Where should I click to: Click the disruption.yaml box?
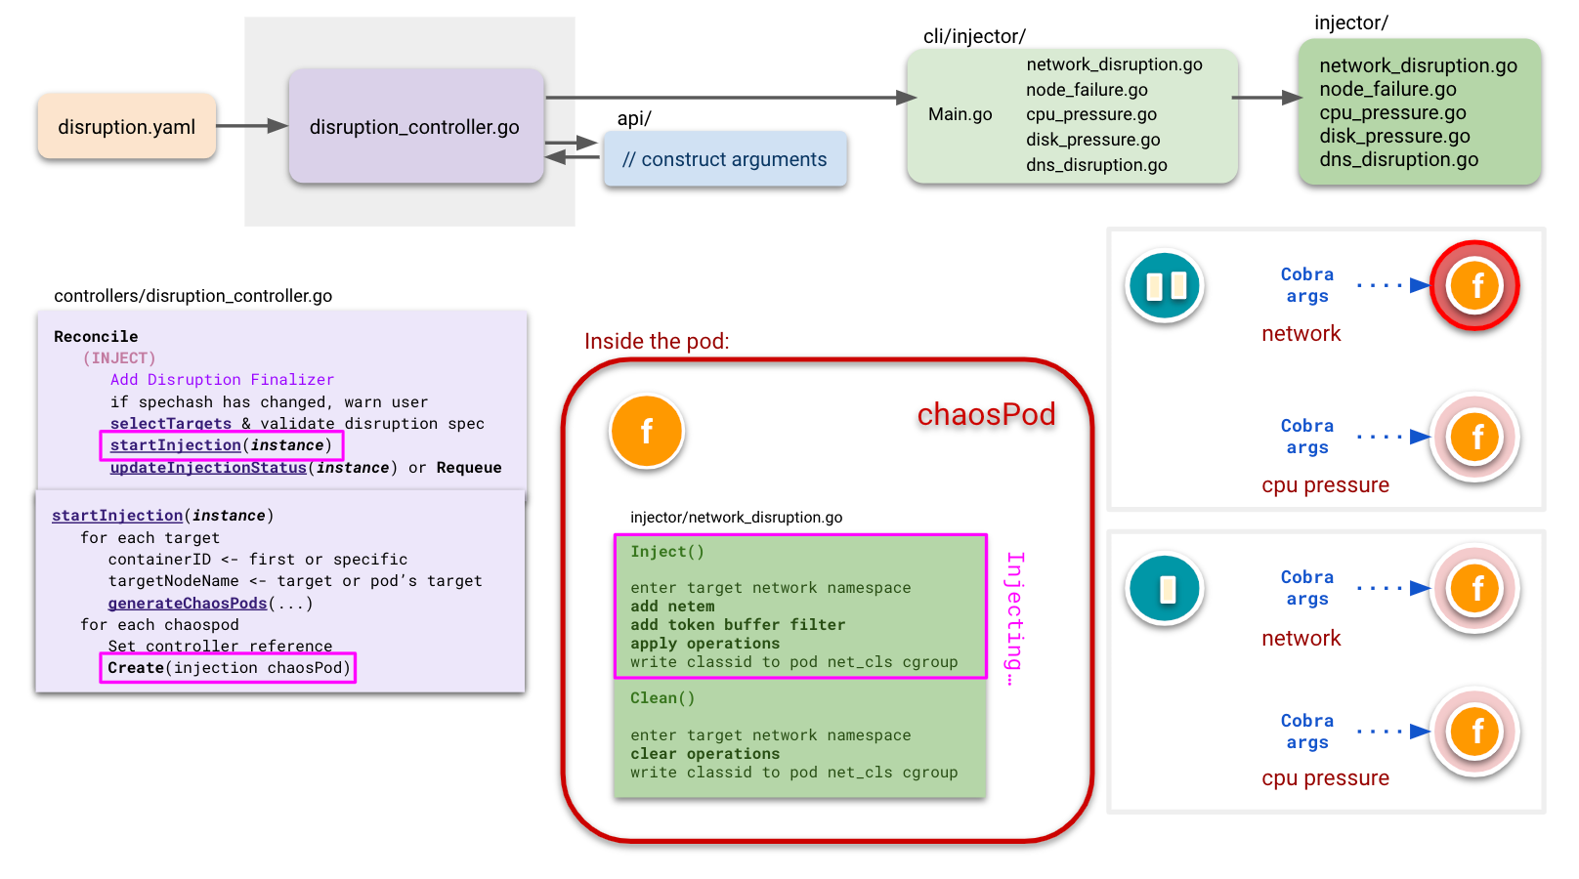coord(126,127)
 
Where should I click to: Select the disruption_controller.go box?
coord(415,127)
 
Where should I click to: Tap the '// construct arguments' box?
coord(724,160)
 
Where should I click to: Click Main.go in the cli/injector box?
coord(960,114)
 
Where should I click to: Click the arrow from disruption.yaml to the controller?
coord(251,126)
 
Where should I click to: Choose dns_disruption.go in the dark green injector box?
coord(1398,160)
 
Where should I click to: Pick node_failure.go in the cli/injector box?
coord(1087,90)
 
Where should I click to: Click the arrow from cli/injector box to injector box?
coord(1266,98)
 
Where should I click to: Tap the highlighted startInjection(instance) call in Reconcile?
coord(221,445)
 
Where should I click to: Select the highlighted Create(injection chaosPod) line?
coord(228,668)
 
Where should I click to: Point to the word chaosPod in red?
coord(986,414)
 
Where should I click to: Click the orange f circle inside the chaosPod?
coord(646,431)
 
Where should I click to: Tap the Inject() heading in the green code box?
coord(666,552)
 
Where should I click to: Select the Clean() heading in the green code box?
coord(661,698)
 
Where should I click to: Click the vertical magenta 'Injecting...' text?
coord(1015,617)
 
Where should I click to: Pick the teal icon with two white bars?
coord(1165,286)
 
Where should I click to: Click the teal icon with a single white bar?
coord(1165,589)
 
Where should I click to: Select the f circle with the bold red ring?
coord(1474,285)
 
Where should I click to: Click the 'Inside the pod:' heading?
coord(657,341)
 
